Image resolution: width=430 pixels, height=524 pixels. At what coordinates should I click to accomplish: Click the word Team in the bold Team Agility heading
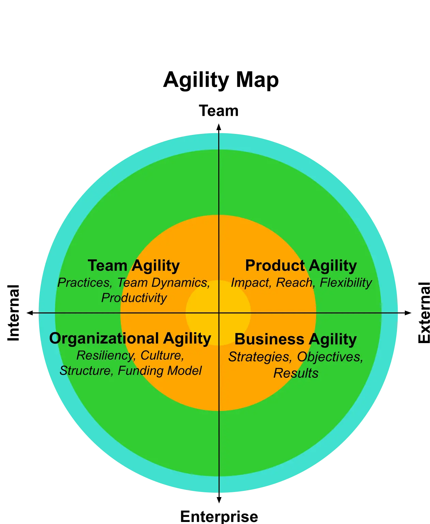[x=107, y=265]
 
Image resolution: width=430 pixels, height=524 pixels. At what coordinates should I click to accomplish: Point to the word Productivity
[x=134, y=298]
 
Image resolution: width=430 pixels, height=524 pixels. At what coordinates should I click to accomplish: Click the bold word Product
[x=275, y=265]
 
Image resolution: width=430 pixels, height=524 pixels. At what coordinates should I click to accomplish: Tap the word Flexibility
[x=346, y=283]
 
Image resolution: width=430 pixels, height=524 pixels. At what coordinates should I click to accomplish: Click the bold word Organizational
[x=104, y=338]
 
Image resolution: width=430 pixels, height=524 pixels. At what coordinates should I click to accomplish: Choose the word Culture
[x=162, y=355]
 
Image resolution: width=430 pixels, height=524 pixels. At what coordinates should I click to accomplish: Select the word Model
[x=186, y=370]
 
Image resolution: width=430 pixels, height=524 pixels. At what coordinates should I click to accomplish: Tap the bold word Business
[x=269, y=339]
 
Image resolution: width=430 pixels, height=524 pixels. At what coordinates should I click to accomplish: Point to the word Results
[x=296, y=373]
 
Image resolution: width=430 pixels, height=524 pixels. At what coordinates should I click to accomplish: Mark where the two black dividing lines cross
[x=219, y=313]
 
